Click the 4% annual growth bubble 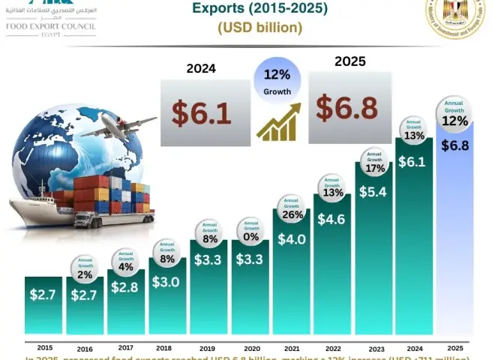[x=126, y=262]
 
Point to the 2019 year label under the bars [x=207, y=348]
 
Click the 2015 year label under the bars [x=44, y=347]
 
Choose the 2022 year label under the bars [x=331, y=348]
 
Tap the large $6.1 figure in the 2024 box [x=200, y=112]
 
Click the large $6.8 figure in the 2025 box [x=346, y=107]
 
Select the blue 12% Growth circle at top [x=278, y=82]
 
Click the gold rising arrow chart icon [x=278, y=123]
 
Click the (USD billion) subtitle [x=260, y=28]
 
